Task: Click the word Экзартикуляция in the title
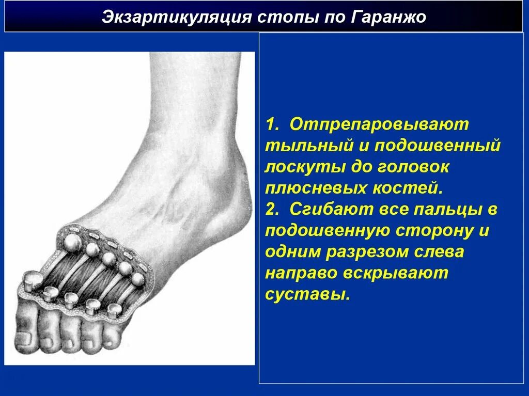tap(167, 17)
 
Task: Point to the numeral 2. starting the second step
tap(273, 209)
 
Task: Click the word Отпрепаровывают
tap(379, 124)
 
